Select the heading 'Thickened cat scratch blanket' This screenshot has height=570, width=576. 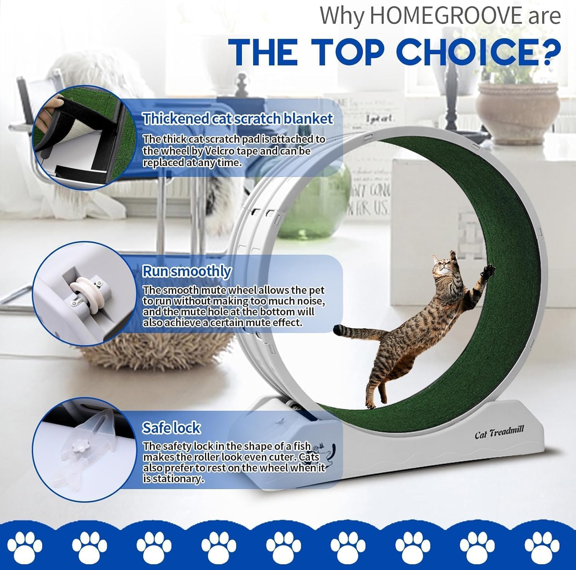[x=238, y=119]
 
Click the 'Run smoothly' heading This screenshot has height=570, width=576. [x=187, y=271]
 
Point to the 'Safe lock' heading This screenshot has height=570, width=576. [x=171, y=428]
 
